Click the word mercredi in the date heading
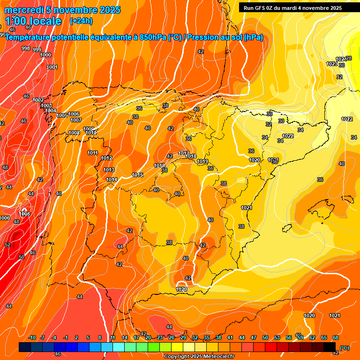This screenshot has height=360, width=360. (x=24, y=10)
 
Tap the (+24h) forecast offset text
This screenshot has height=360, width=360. (x=81, y=21)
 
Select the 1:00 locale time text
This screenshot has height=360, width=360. (x=33, y=21)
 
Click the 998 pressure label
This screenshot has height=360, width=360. (x=26, y=48)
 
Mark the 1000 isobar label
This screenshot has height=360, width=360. (x=45, y=55)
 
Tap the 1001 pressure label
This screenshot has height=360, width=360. (x=52, y=67)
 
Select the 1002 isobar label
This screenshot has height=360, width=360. (x=38, y=100)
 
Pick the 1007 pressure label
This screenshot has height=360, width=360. (x=76, y=120)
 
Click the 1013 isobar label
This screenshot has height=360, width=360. (x=109, y=170)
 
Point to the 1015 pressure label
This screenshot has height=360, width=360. (x=137, y=175)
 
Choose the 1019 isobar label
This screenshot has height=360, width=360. (x=202, y=161)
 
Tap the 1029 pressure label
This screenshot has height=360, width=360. (x=182, y=289)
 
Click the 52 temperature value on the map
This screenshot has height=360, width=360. (x=7, y=245)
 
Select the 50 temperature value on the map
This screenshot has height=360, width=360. (x=22, y=257)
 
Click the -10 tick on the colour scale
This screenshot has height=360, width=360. (x=32, y=337)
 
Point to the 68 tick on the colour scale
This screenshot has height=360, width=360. (x=336, y=337)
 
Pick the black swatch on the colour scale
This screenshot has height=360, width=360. (x=330, y=347)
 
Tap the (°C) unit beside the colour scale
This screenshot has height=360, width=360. (x=344, y=348)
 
